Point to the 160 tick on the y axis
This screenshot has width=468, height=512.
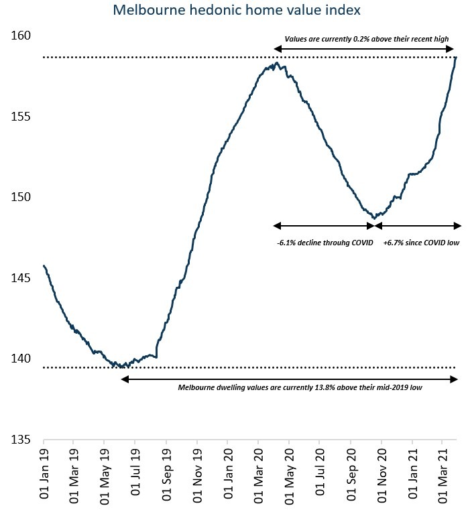pos(22,36)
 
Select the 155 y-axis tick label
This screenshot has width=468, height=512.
pos(22,117)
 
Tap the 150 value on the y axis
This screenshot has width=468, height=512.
pos(22,197)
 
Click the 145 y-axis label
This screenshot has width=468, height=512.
pos(22,278)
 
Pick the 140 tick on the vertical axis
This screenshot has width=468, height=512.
pos(22,359)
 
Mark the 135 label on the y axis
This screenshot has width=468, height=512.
pos(22,440)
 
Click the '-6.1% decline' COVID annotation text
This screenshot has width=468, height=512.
pos(325,243)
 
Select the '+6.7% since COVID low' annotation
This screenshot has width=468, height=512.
pos(421,243)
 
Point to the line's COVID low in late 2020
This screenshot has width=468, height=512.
pos(374,218)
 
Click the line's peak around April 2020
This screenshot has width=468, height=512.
pos(276,63)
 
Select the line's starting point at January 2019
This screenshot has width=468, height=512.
pos(44,266)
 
